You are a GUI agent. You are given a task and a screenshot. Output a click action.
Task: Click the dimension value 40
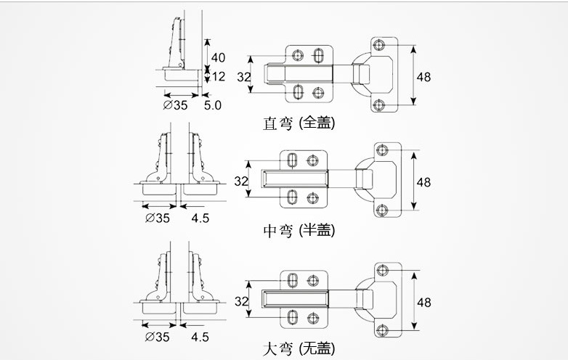click(217, 57)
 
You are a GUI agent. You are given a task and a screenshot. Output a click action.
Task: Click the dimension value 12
click(218, 76)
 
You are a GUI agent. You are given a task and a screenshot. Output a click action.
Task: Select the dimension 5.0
click(212, 105)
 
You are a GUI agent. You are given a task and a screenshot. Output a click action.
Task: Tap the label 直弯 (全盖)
click(299, 123)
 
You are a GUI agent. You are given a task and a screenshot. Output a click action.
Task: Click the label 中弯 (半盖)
click(299, 231)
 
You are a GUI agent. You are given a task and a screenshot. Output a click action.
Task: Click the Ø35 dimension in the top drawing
click(176, 105)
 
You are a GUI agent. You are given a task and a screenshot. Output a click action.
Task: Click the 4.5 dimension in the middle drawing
click(200, 218)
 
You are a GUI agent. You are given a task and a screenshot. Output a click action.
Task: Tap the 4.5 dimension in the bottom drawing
click(200, 337)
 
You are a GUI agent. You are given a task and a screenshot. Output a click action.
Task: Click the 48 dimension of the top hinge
click(423, 77)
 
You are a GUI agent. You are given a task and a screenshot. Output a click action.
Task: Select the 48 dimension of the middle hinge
click(423, 181)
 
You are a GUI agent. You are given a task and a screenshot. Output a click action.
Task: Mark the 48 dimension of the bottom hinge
click(423, 300)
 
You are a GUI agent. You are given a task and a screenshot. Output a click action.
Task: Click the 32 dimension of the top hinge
click(243, 77)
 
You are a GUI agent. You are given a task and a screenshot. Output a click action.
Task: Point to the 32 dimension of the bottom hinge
click(241, 300)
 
